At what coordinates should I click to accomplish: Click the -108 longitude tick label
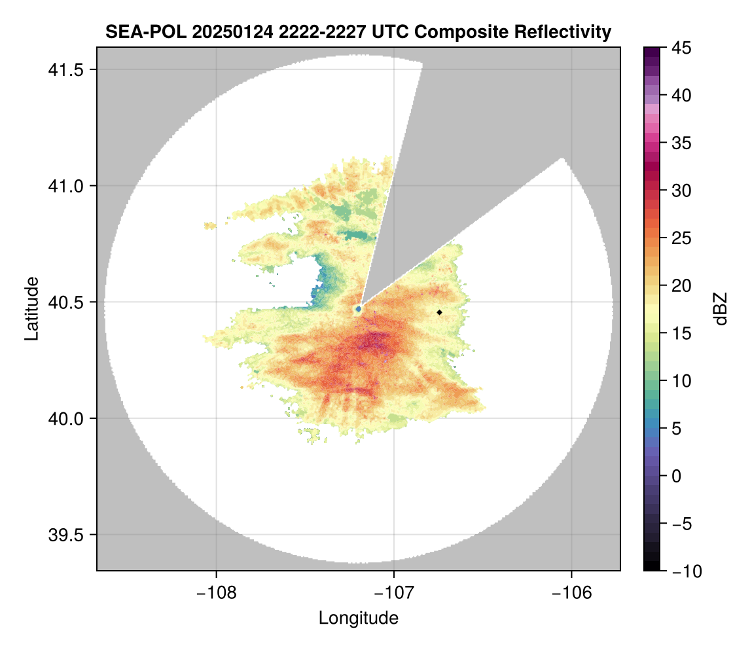coord(215,592)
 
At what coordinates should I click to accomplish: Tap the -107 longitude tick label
coord(394,592)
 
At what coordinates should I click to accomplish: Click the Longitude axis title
coord(358,617)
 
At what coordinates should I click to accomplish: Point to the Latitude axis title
coord(31,308)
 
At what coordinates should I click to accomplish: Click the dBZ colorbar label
coord(721,308)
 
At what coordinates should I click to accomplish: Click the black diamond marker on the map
coord(440,312)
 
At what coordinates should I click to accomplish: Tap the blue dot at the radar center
coord(358,308)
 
